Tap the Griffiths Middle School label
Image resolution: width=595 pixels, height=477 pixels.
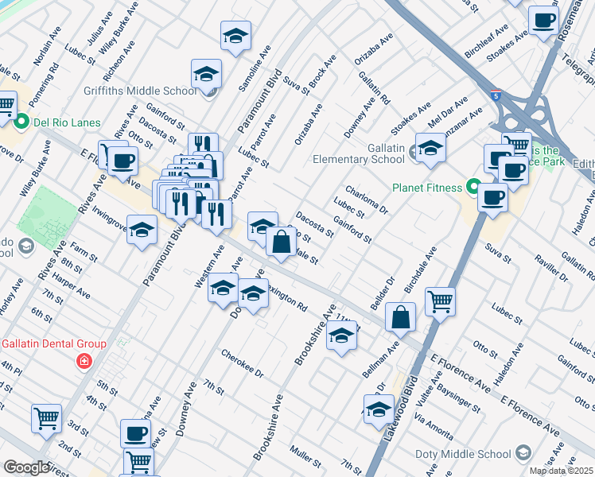[147, 91]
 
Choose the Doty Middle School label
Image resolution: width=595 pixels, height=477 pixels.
[463, 454]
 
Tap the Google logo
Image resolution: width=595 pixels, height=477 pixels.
[26, 467]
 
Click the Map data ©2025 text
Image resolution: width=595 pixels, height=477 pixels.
[561, 471]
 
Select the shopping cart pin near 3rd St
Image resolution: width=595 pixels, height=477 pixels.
[47, 417]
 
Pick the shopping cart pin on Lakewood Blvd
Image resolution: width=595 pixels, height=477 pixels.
[440, 301]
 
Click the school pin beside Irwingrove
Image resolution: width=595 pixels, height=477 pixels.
[142, 230]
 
